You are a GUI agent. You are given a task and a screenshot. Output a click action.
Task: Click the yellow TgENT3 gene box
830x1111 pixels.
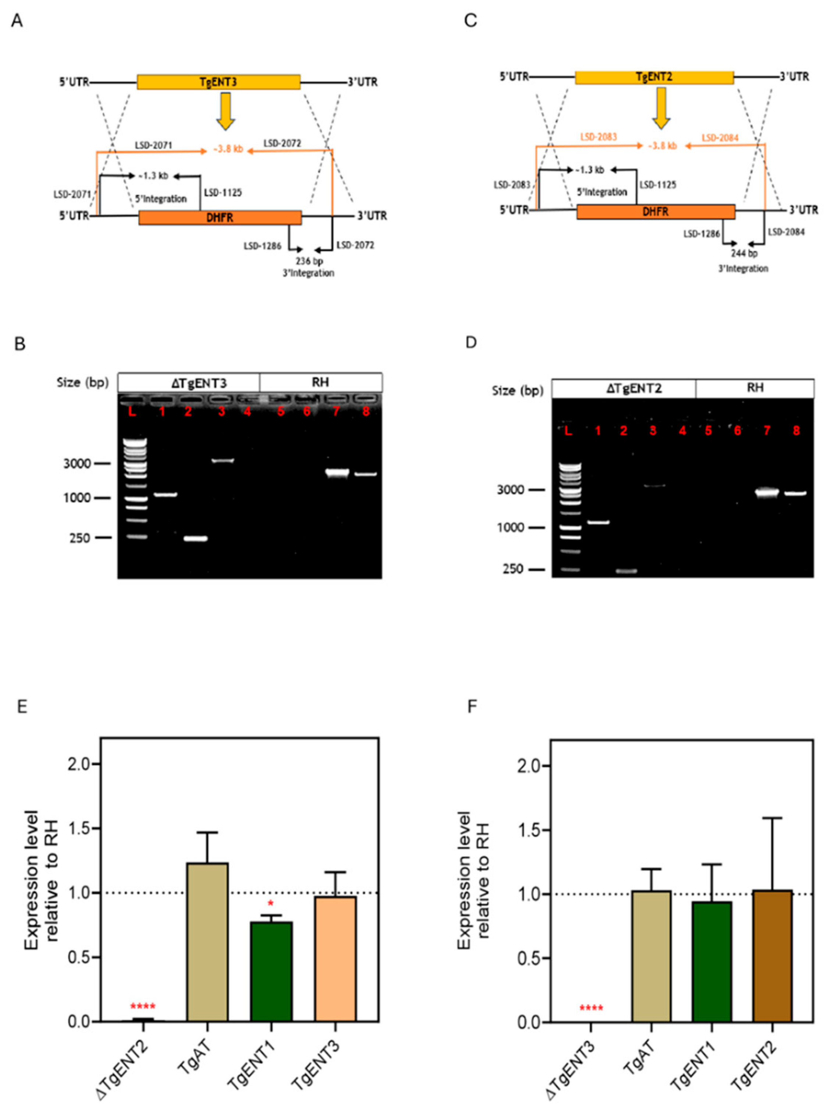pos(219,82)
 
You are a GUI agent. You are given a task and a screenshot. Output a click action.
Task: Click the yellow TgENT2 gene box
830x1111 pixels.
pos(654,77)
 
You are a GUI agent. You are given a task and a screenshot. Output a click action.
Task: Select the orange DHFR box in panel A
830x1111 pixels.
pos(220,217)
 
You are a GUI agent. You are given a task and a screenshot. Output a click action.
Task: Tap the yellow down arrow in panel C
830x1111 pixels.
pos(661,108)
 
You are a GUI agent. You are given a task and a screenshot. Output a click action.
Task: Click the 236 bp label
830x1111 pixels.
pos(309,261)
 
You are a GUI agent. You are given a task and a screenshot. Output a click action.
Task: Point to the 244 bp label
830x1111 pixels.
pos(744,253)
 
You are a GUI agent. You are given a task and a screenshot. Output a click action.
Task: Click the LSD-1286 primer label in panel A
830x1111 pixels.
pos(263,246)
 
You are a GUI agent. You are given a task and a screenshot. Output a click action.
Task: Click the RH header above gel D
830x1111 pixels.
pos(755,388)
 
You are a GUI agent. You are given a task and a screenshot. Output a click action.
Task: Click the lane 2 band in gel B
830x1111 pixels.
pos(195,539)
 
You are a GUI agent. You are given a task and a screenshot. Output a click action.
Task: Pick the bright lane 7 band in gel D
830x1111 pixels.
pos(767,492)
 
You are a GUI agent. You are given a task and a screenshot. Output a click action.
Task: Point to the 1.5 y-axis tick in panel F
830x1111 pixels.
pos(531,830)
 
